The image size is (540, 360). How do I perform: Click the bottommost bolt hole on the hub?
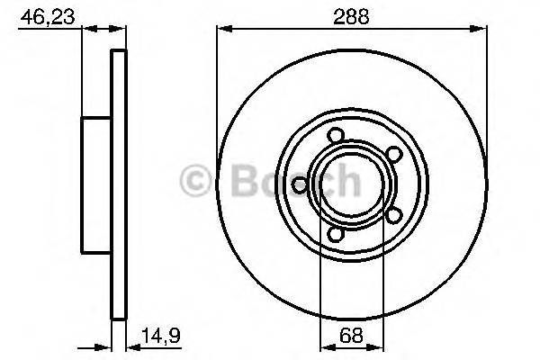click(335, 235)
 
